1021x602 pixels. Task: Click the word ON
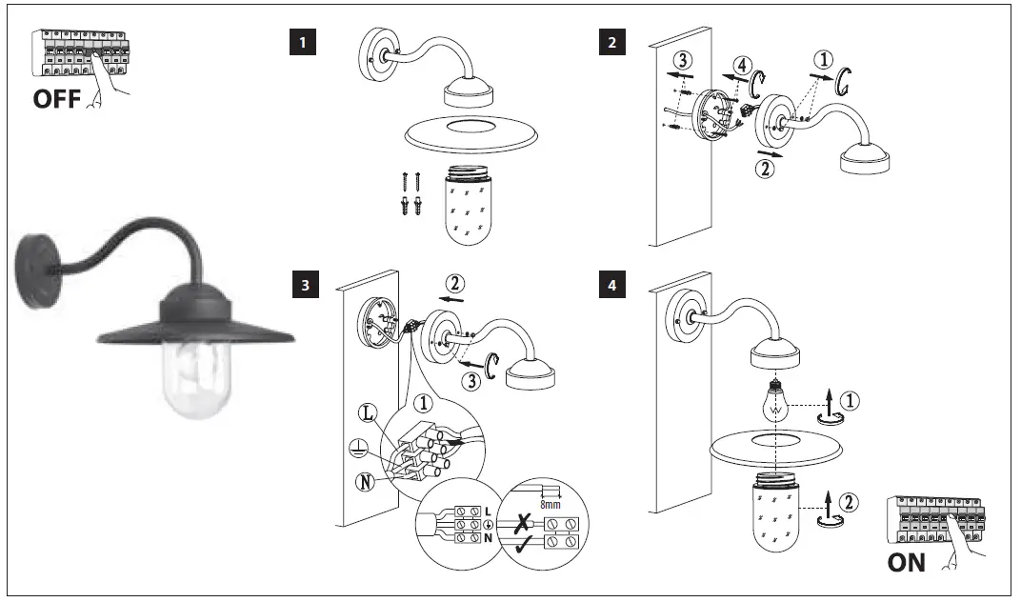point(906,562)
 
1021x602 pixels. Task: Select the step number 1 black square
point(302,42)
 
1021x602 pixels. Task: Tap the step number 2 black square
point(610,42)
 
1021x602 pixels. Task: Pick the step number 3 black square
point(302,284)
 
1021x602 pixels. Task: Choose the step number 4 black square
point(610,284)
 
